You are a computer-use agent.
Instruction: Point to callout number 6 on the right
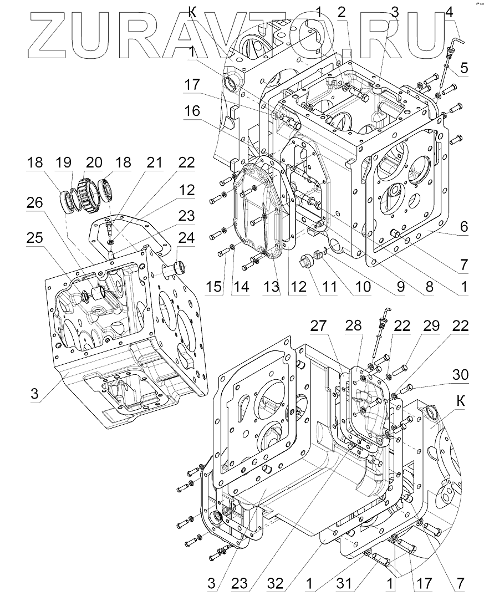click(x=464, y=226)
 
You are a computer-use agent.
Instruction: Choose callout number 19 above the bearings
click(x=64, y=162)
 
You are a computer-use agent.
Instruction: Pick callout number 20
click(x=94, y=162)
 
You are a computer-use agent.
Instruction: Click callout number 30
click(x=460, y=375)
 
